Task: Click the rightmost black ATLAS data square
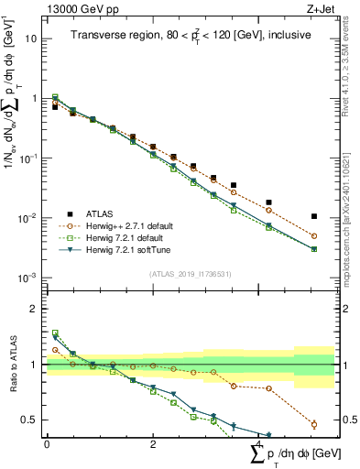(314, 217)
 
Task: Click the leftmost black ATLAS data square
(55, 107)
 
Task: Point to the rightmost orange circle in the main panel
(314, 236)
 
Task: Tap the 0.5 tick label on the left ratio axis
(30, 420)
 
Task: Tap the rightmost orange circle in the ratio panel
(314, 424)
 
